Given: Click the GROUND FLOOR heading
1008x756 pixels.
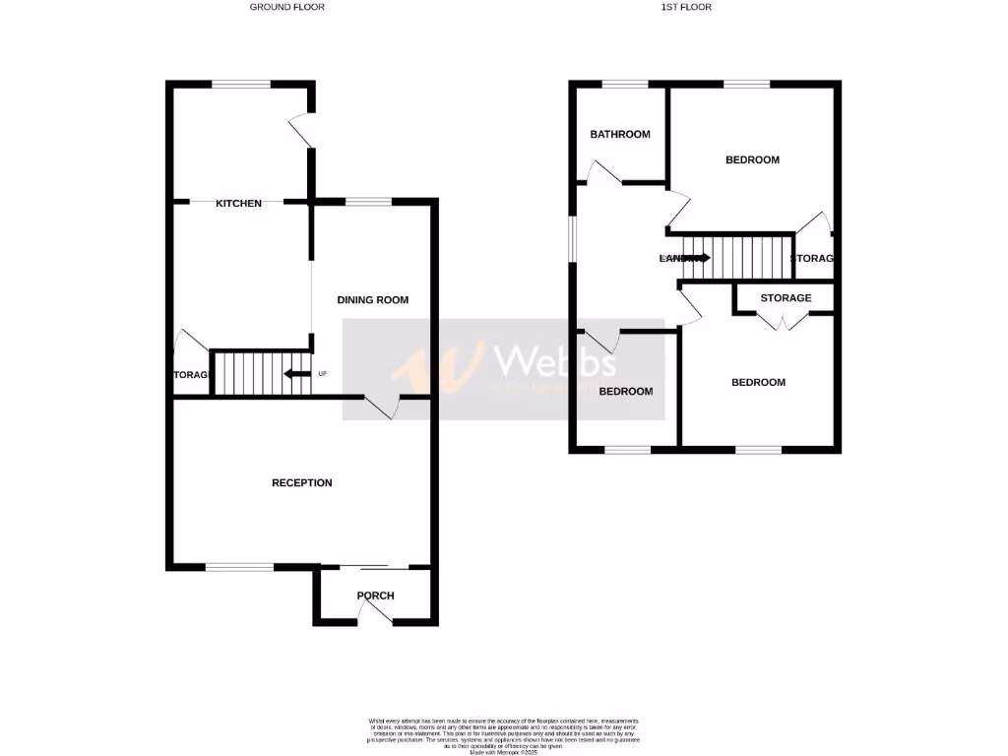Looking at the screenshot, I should (x=286, y=7).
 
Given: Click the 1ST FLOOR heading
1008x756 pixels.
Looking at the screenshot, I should (x=687, y=7).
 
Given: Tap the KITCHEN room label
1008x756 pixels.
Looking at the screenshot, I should (x=239, y=204).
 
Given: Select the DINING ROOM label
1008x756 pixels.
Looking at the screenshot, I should (x=372, y=300).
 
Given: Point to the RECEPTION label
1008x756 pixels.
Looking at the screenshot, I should (x=302, y=483).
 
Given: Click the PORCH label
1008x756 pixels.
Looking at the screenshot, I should (x=375, y=596).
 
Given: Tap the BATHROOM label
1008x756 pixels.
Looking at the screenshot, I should (x=620, y=135).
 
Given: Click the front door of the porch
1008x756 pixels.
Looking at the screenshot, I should (x=374, y=612).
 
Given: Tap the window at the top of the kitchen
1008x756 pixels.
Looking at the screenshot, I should (x=241, y=85).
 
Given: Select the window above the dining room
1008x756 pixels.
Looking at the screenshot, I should (x=368, y=202).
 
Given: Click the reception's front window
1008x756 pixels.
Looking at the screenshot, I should (x=239, y=567).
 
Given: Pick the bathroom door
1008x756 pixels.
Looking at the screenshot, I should (x=603, y=173).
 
